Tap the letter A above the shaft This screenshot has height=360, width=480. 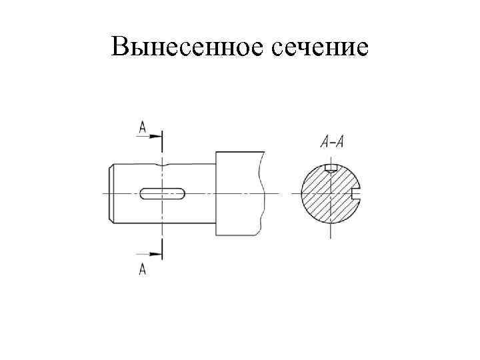[x=143, y=126]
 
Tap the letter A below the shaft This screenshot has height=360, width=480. [x=143, y=269]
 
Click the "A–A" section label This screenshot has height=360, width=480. [x=331, y=141]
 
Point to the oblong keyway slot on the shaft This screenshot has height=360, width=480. [x=163, y=193]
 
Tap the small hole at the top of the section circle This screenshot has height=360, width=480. [x=331, y=167]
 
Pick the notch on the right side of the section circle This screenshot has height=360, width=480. [x=356, y=193]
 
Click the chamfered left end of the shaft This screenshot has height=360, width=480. [x=111, y=193]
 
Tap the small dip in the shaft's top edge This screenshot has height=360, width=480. [x=162, y=164]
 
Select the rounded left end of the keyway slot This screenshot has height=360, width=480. [x=143, y=193]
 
